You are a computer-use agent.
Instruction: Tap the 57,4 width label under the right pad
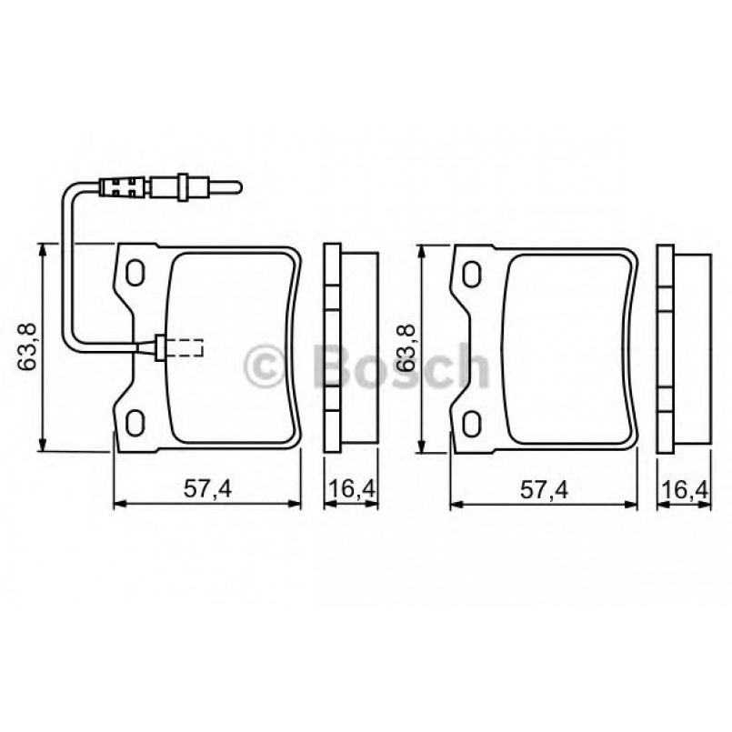[544, 489]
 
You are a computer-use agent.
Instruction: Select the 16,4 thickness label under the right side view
[687, 489]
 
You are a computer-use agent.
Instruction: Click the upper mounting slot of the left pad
[135, 272]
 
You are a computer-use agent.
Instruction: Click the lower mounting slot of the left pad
[135, 421]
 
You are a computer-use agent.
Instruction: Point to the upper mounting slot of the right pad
[472, 272]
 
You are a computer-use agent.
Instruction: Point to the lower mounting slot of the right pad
[472, 421]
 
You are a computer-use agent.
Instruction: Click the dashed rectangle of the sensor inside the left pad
[187, 346]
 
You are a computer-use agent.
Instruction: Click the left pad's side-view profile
[351, 348]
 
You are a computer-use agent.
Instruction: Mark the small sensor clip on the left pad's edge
[160, 346]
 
